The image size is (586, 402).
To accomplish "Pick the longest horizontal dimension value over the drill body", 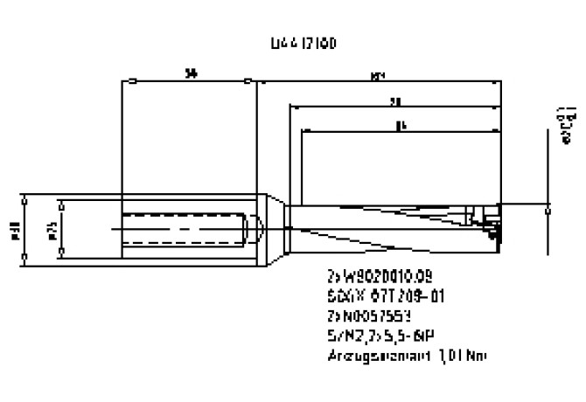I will click(379, 76).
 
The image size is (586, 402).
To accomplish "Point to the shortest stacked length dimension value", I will click(400, 124).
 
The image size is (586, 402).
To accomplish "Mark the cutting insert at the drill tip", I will click(491, 224).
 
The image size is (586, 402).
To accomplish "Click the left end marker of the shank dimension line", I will click(129, 83).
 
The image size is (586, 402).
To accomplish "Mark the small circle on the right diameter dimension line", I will click(548, 210).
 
